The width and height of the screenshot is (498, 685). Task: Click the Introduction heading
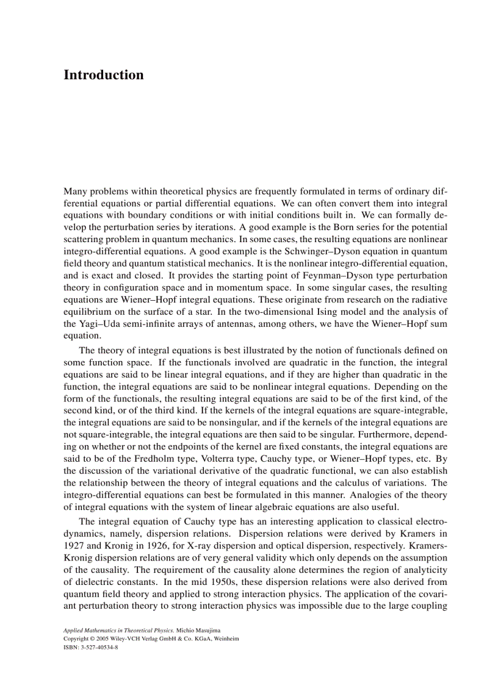pyautogui.click(x=104, y=75)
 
